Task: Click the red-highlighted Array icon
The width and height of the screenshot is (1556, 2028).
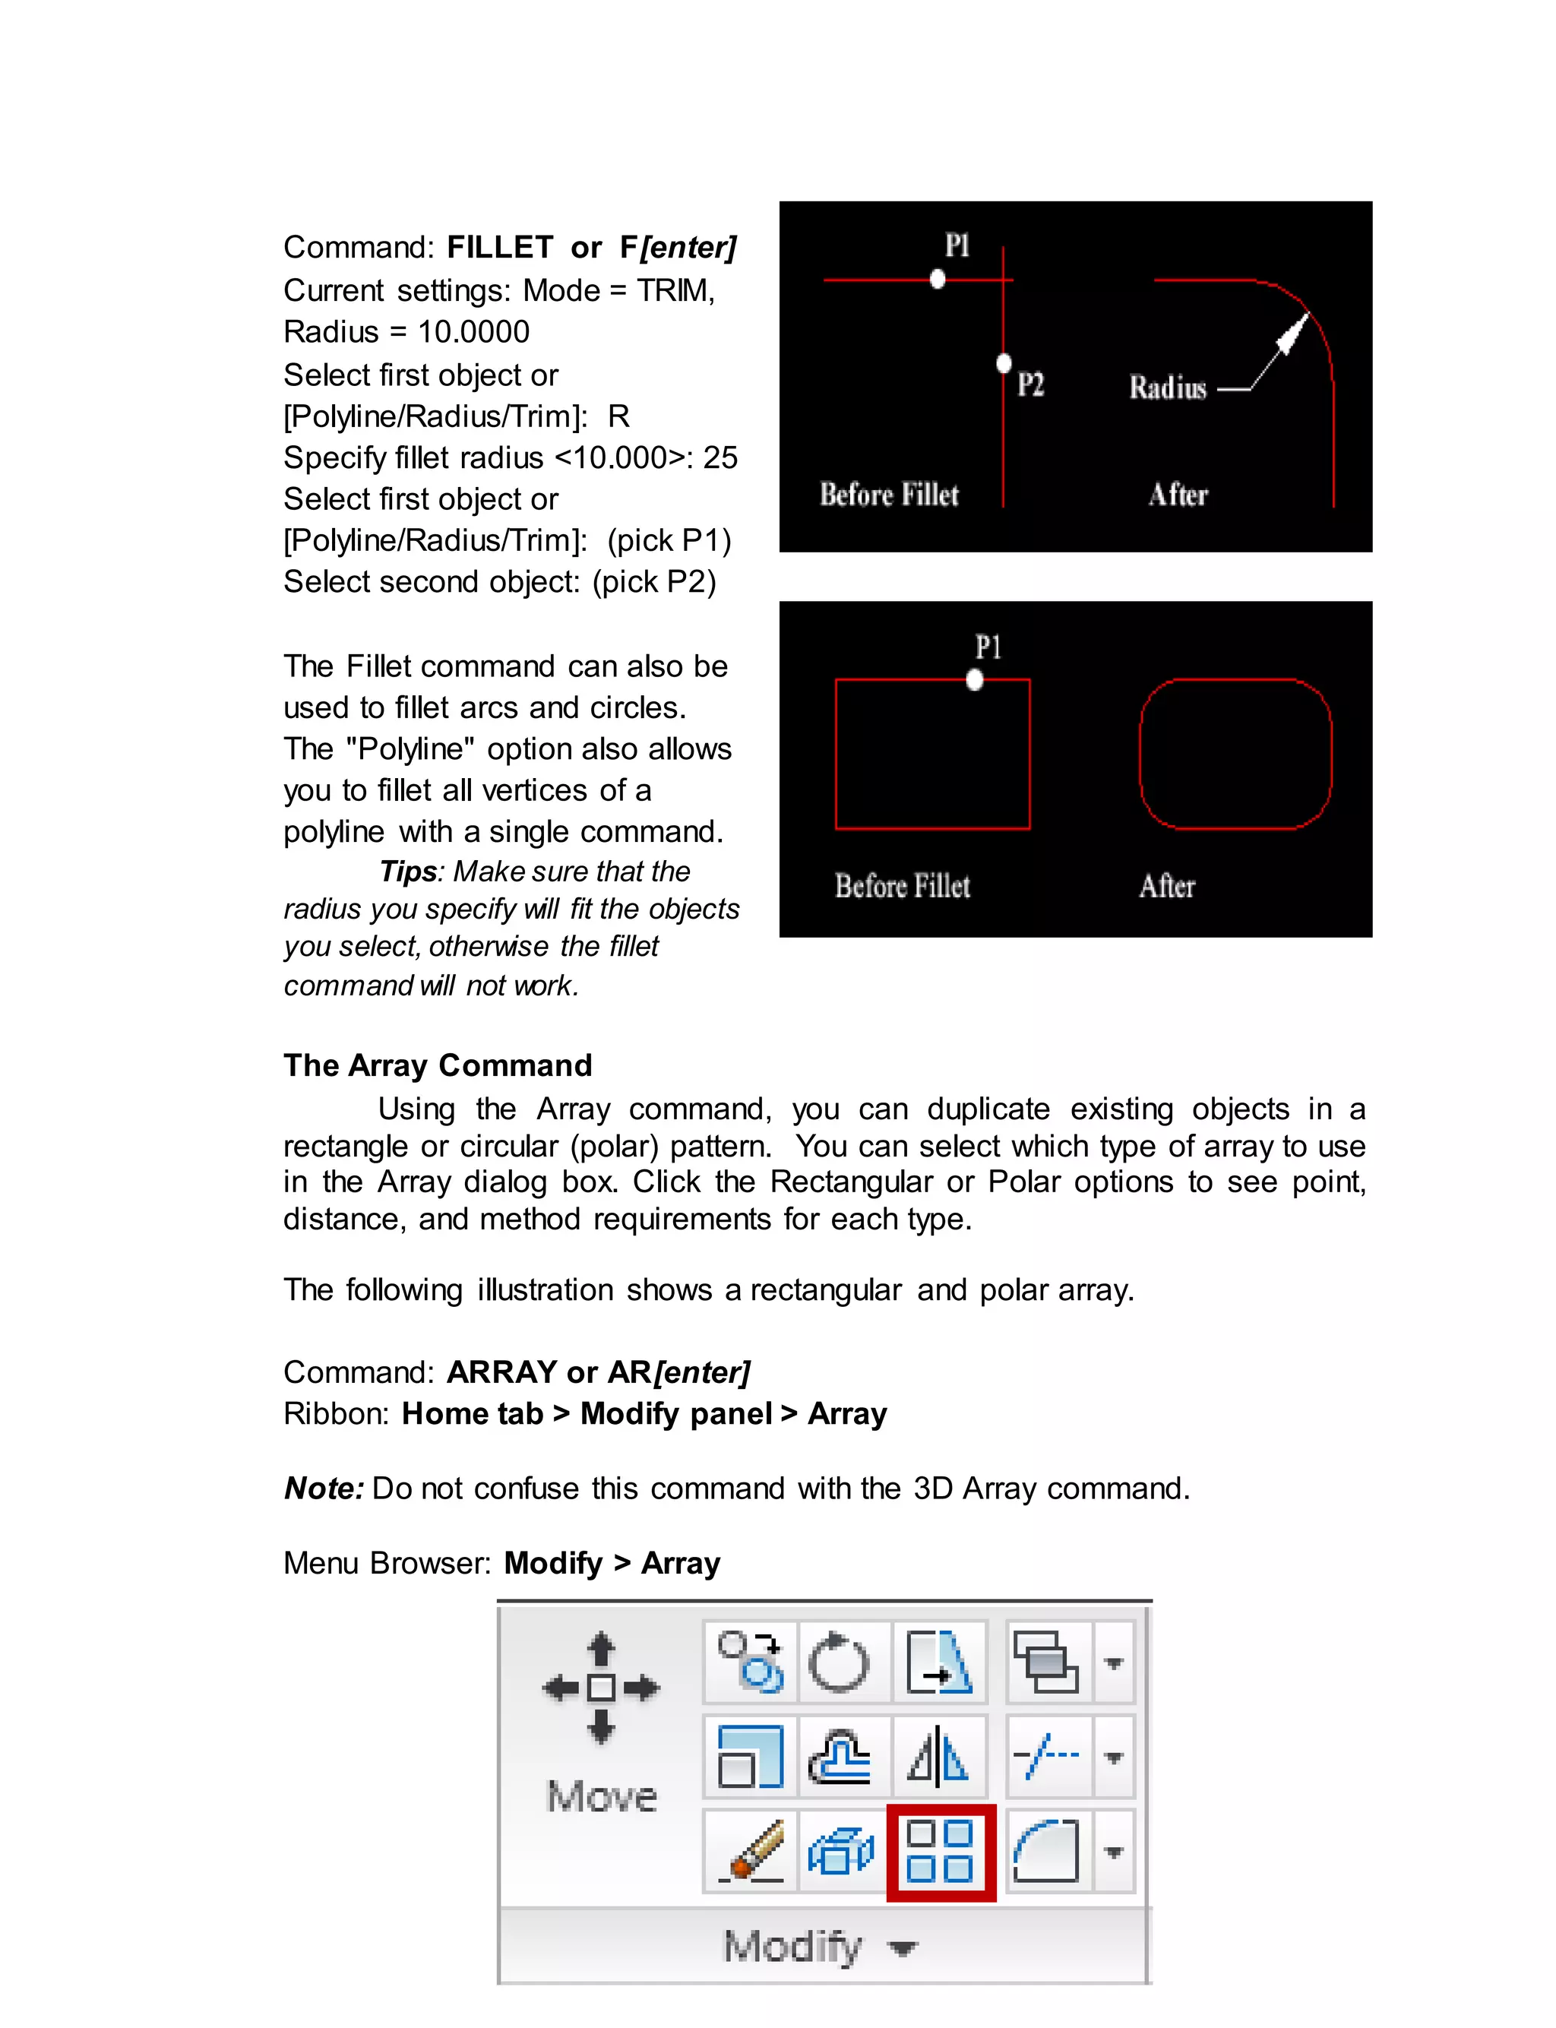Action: click(940, 1852)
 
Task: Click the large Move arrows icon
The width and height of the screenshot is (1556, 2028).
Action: click(601, 1688)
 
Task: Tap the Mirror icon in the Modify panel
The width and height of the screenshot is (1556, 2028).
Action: click(938, 1756)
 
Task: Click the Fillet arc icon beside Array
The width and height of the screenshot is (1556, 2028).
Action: click(1047, 1851)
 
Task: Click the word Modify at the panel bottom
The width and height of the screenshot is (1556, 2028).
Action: click(793, 1947)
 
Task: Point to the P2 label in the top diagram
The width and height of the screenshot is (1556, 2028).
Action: click(1031, 384)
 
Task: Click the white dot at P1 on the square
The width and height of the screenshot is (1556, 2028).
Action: click(974, 681)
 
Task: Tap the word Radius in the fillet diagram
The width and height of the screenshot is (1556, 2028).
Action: click(1167, 388)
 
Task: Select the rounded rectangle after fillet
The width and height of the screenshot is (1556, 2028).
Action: click(1235, 753)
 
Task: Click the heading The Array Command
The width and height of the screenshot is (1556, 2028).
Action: click(437, 1065)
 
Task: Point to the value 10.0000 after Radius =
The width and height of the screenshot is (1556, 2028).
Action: click(473, 331)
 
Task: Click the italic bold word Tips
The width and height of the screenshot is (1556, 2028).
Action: click(407, 872)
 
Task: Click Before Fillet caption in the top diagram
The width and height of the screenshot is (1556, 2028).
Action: click(889, 495)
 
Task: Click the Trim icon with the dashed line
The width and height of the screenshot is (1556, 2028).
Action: click(1047, 1756)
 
